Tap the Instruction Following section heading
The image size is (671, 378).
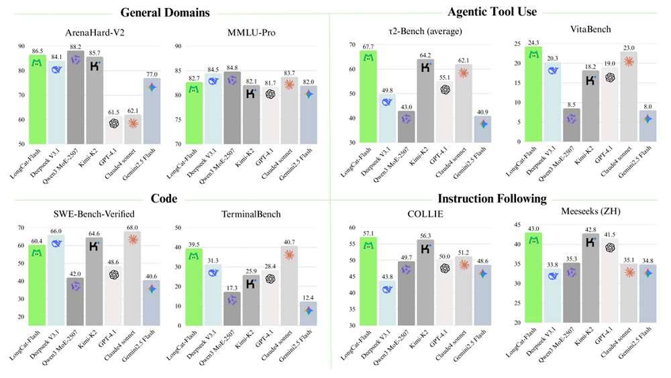(x=492, y=199)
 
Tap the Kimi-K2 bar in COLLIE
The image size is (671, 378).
(x=425, y=282)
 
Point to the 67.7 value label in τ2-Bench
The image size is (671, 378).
(x=368, y=46)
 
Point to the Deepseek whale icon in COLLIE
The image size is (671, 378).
(x=386, y=290)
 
